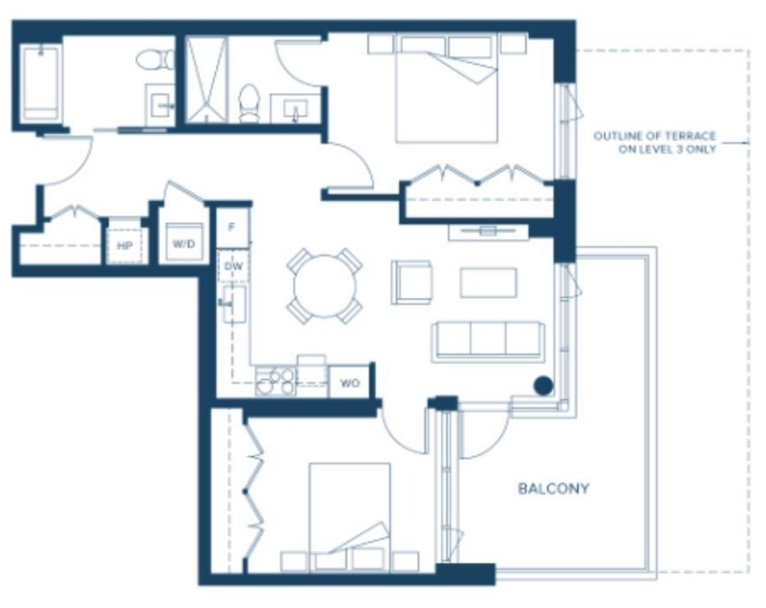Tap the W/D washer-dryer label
184,244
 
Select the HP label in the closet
125,246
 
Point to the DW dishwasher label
234,266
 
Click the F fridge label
232,227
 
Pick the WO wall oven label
350,383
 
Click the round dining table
325,286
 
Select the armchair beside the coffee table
412,283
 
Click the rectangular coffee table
488,283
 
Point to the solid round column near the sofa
543,385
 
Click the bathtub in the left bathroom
40,84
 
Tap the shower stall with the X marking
206,79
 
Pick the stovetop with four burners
275,381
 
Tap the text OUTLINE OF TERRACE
654,136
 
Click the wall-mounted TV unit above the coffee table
488,232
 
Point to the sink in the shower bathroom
296,109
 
